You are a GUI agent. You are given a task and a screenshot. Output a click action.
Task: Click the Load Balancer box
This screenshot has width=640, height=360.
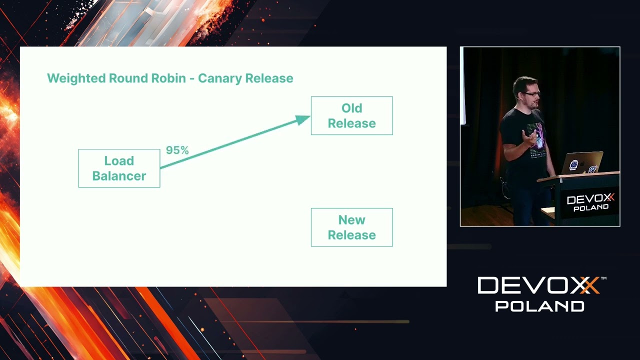click(x=119, y=168)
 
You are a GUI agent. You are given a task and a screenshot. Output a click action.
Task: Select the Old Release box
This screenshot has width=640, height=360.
click(x=351, y=115)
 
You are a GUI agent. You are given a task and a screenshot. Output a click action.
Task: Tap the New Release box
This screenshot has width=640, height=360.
click(x=351, y=227)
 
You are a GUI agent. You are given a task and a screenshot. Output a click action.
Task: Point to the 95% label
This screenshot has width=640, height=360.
click(x=177, y=150)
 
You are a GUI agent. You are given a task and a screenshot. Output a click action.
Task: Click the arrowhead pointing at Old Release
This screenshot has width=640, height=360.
click(x=303, y=119)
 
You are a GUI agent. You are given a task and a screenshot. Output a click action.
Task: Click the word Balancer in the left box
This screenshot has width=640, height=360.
click(x=119, y=176)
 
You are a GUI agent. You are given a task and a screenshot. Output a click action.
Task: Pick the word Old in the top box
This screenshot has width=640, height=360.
click(x=351, y=108)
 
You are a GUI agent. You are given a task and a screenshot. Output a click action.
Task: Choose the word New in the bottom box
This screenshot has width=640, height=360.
click(x=351, y=220)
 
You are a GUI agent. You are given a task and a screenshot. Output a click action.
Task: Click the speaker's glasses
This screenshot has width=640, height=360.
click(x=531, y=93)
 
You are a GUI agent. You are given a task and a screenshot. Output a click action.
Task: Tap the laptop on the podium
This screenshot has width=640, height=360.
click(x=582, y=162)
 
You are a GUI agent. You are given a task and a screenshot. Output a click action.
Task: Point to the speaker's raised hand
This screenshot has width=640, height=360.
click(x=528, y=135)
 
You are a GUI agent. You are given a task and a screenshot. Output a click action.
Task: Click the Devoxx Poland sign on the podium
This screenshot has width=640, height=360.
click(x=590, y=202)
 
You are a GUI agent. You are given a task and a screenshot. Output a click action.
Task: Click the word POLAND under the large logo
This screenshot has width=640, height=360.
click(x=539, y=306)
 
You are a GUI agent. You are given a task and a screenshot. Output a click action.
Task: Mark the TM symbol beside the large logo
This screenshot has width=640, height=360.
click(x=603, y=278)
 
